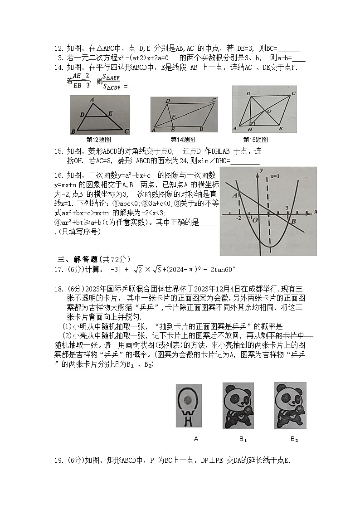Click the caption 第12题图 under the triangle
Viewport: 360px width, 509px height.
99,140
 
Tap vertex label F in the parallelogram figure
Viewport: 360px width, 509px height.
173,117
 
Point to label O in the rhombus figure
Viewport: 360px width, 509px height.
269,111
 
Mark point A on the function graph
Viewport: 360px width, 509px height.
234,195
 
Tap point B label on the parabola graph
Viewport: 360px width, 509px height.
293,221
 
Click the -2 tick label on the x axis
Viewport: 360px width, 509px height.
238,218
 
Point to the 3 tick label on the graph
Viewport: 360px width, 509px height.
287,208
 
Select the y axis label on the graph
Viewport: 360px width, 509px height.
262,170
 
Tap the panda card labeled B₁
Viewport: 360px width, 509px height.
238,405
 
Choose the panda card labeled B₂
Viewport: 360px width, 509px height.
290,405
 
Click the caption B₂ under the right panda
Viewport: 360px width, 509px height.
294,439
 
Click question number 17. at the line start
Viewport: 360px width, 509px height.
58,270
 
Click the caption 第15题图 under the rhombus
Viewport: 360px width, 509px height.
255,140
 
